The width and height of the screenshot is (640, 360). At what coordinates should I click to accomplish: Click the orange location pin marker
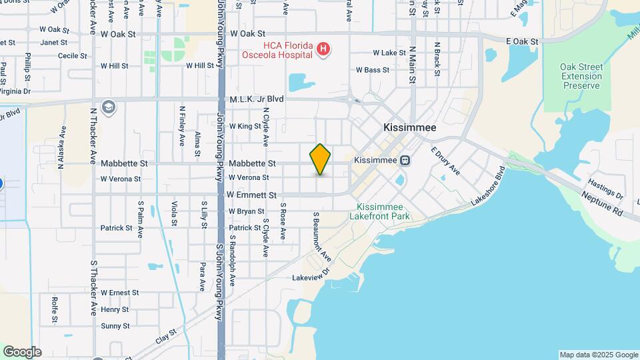tap(320, 159)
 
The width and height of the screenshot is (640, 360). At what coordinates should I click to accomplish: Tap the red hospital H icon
tap(323, 49)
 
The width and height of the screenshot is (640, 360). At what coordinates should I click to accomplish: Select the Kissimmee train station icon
tap(405, 161)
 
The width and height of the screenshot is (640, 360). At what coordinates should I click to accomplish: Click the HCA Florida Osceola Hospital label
tap(277, 49)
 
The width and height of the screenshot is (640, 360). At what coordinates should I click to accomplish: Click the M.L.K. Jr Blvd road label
tap(257, 99)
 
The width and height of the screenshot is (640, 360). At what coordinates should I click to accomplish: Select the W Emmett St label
tap(251, 195)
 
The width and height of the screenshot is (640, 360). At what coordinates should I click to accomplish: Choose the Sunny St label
tap(115, 326)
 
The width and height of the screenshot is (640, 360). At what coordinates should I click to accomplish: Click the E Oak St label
tap(522, 41)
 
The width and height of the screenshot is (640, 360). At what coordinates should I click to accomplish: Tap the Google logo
tap(22, 352)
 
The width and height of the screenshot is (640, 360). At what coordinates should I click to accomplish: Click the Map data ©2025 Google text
tap(599, 355)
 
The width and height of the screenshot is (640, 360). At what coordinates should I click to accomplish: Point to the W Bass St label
tap(373, 69)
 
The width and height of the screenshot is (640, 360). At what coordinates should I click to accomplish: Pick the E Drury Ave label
tap(445, 161)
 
